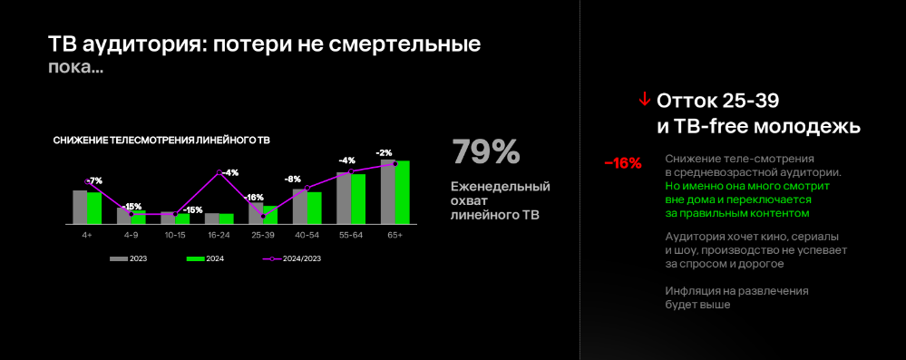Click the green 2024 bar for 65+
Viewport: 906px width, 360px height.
pyautogui.click(x=402, y=192)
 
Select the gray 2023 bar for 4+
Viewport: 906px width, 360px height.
pyautogui.click(x=80, y=207)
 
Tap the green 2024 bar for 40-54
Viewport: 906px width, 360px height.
pyautogui.click(x=315, y=208)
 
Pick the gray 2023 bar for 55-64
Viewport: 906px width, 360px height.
pyautogui.click(x=344, y=198)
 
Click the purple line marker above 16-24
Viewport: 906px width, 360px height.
pyautogui.click(x=219, y=172)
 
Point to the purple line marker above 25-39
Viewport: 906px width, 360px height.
pyautogui.click(x=264, y=216)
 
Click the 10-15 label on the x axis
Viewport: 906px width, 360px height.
pyautogui.click(x=175, y=236)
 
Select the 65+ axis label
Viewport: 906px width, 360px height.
pyautogui.click(x=395, y=236)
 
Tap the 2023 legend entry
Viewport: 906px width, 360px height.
pyautogui.click(x=128, y=258)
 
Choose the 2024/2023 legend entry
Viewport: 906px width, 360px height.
pyautogui.click(x=292, y=258)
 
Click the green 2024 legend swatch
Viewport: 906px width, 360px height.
pyautogui.click(x=196, y=258)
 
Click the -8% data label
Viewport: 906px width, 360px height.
pyautogui.click(x=292, y=180)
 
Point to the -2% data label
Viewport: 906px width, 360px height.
pyautogui.click(x=385, y=152)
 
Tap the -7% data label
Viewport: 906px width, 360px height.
pyautogui.click(x=94, y=180)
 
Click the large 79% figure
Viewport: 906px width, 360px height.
pyautogui.click(x=486, y=152)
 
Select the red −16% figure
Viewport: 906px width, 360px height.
pyautogui.click(x=623, y=163)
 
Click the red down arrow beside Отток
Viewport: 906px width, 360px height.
pyautogui.click(x=644, y=101)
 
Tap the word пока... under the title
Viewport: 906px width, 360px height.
pyautogui.click(x=76, y=68)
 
